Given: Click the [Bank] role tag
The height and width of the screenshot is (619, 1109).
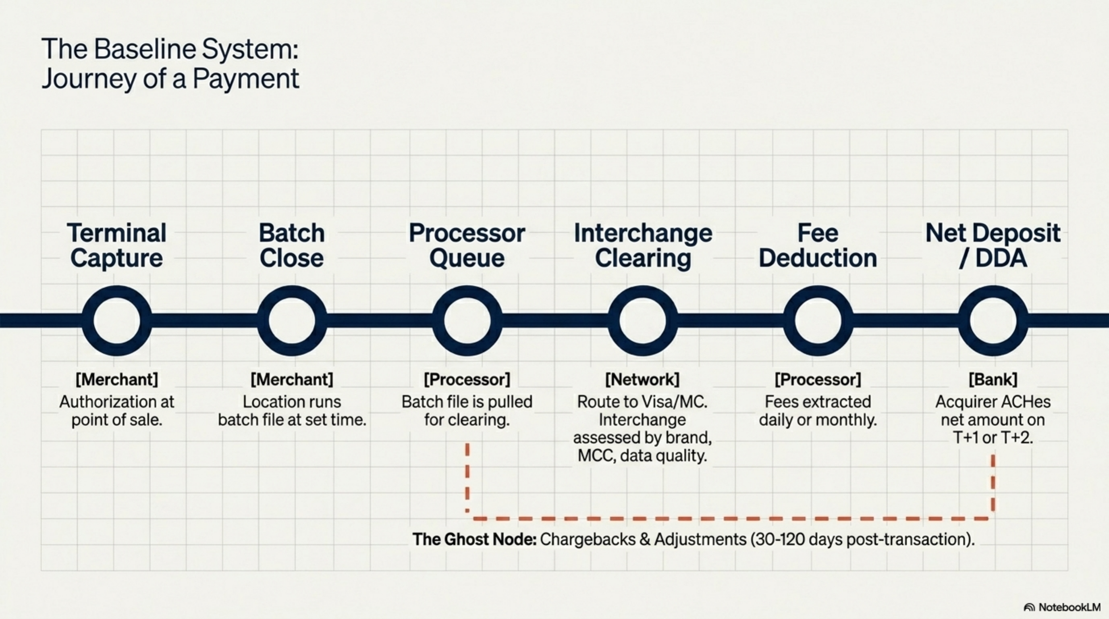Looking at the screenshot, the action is (x=993, y=380).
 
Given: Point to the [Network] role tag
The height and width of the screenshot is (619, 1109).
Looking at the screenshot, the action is (x=642, y=380).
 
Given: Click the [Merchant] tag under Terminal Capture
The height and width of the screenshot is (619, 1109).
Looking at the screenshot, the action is (x=117, y=380).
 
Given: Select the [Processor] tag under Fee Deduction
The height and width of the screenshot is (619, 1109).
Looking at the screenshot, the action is (x=818, y=380).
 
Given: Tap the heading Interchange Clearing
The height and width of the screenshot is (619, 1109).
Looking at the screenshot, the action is (x=643, y=245).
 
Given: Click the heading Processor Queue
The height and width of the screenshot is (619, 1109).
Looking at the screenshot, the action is (x=467, y=245).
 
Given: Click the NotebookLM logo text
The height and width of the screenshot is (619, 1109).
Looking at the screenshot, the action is (x=1070, y=607).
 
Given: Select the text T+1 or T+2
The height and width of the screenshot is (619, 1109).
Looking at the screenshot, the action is (x=993, y=438).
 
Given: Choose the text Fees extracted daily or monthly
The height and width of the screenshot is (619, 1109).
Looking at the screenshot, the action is (x=818, y=411).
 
